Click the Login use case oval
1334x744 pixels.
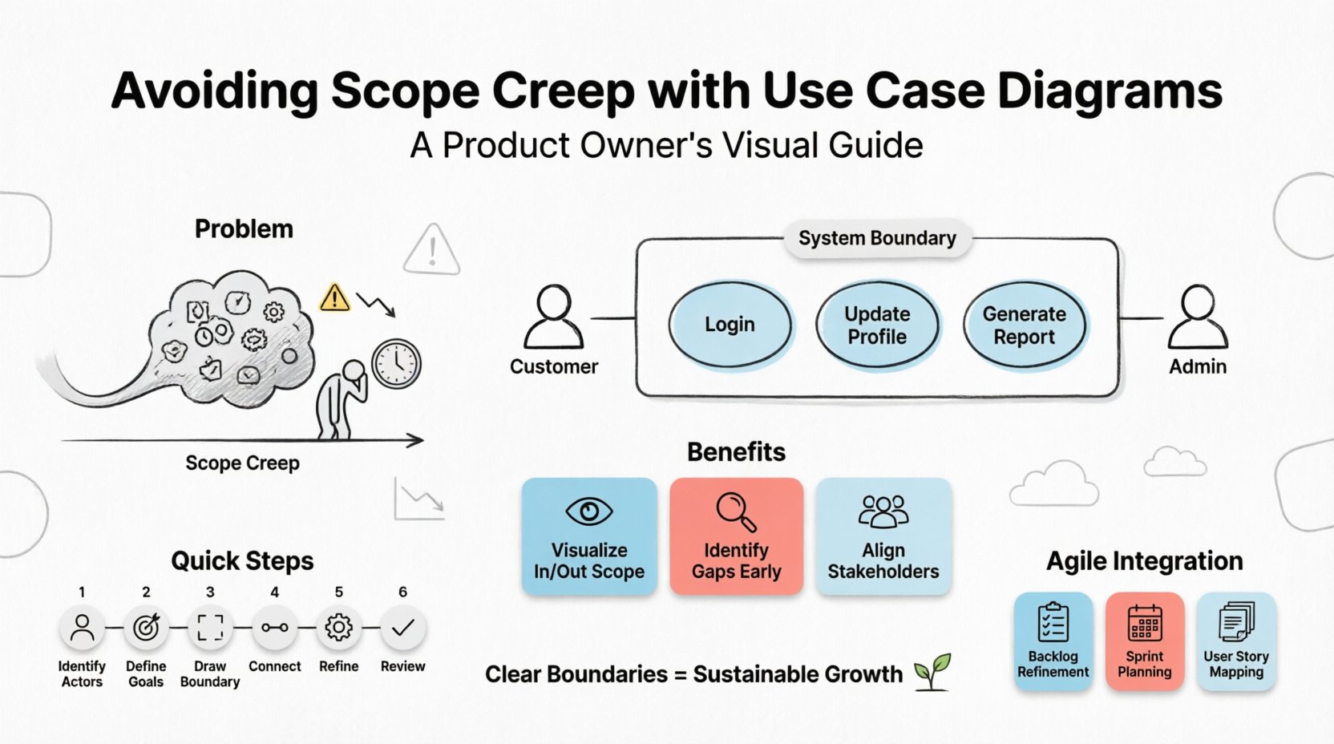[x=730, y=325]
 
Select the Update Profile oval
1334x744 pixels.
[x=877, y=325]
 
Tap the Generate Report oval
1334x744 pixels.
[x=1025, y=325]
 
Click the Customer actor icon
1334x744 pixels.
[x=553, y=317]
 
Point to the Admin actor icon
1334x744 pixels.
[x=1197, y=317]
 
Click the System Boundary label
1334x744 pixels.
[x=877, y=238]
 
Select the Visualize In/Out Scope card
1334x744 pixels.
[x=589, y=536]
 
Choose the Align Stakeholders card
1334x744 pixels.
[x=883, y=536]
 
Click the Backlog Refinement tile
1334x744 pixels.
[x=1053, y=641]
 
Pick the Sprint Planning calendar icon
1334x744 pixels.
[x=1144, y=623]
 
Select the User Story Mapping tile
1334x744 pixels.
[x=1235, y=641]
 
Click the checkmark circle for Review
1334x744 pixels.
[x=402, y=628]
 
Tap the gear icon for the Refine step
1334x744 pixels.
[x=338, y=628]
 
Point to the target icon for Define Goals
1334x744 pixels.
[x=146, y=628]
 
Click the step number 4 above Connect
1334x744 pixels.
[x=274, y=592]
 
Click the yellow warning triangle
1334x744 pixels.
[x=334, y=297]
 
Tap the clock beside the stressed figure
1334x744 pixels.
[x=396, y=364]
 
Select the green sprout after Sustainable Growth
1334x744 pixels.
[x=932, y=671]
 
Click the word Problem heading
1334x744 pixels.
[x=244, y=229]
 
